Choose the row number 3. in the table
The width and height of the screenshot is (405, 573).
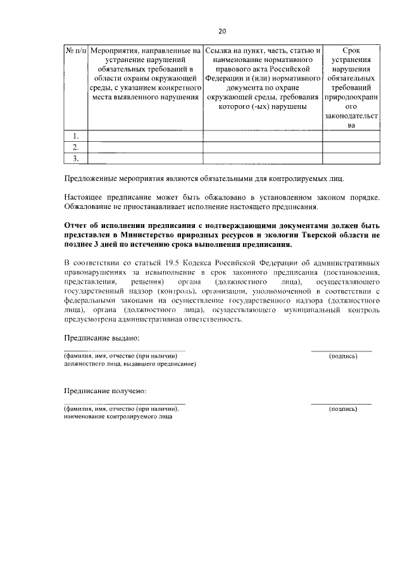point(76,158)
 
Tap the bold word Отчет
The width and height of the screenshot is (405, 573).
point(77,225)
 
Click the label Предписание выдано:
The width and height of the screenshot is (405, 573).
point(101,339)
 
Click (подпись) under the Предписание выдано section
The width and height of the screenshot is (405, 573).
point(342,356)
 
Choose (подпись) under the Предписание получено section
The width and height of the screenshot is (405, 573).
point(342,410)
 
